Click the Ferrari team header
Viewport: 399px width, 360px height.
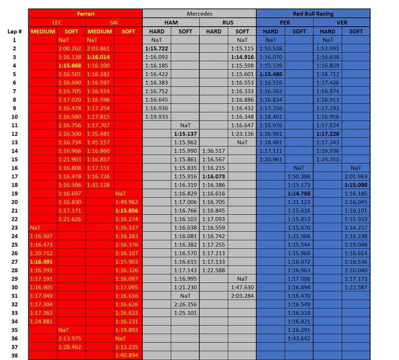point(85,14)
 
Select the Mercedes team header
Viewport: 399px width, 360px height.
point(199,14)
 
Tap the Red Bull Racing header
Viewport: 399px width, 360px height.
point(313,14)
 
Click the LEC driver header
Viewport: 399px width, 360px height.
point(57,23)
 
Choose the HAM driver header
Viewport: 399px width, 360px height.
point(171,23)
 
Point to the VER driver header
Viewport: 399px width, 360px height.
point(342,23)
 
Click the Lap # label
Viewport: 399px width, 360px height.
point(14,31)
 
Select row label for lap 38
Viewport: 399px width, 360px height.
point(14,355)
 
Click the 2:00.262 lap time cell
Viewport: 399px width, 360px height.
point(71,48)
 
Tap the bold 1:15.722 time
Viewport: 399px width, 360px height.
point(157,48)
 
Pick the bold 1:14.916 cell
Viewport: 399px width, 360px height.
point(242,57)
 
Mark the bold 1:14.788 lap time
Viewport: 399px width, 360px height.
point(299,193)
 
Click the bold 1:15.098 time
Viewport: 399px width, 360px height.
point(356,185)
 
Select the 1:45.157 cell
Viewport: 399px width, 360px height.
point(99,142)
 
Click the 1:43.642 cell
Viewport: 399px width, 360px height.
point(299,338)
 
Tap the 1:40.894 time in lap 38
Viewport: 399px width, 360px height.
point(128,355)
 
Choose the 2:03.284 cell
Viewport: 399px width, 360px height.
point(242,296)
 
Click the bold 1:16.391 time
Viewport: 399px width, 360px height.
point(43,262)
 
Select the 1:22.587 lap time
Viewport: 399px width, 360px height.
point(356,287)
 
